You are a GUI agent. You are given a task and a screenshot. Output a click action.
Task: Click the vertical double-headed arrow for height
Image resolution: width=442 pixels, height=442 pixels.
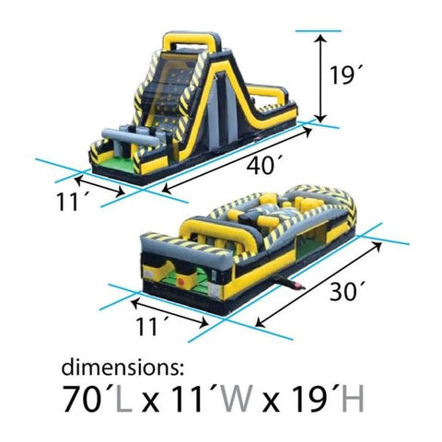coord(320,77)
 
